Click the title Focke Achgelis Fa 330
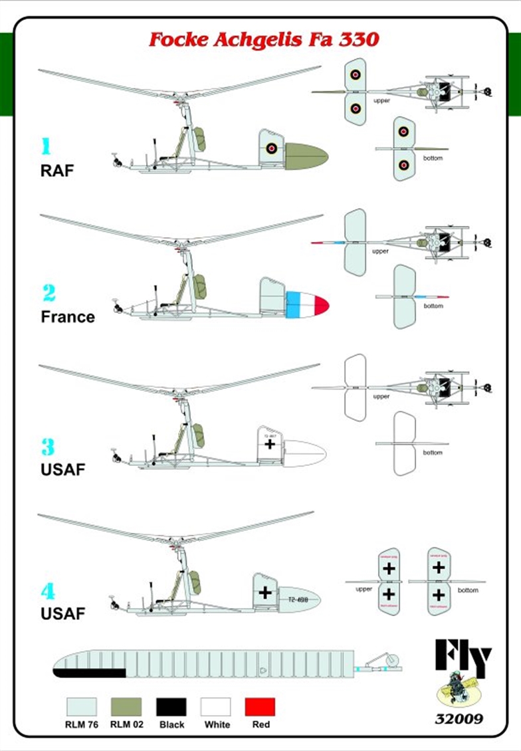pos(264,39)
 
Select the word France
pos(68,316)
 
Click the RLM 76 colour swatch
pos(82,706)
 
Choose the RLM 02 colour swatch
pos(126,706)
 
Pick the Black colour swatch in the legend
pos(171,706)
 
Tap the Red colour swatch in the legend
pos(260,706)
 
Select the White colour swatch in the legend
pos(216,706)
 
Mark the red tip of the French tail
pos(322,305)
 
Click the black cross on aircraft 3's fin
pos(270,443)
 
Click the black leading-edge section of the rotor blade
pos(90,673)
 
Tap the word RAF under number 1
pos(57,170)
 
